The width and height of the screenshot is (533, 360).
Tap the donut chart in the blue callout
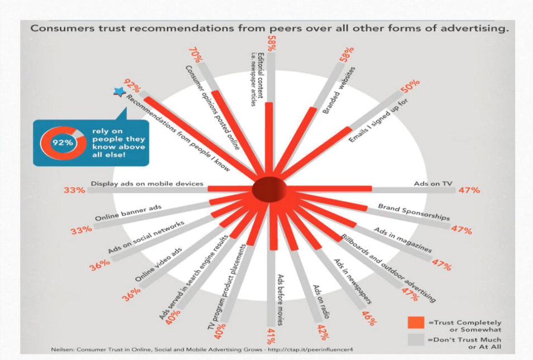63,142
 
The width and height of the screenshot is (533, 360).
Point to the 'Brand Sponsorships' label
413,212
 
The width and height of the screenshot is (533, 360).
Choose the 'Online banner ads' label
128,214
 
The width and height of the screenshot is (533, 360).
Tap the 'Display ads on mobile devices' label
147,183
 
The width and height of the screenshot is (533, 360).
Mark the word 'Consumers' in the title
60,28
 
